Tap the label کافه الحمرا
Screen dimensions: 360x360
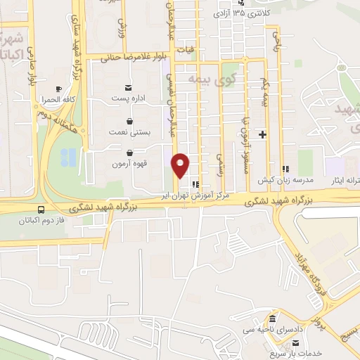(x=58, y=99)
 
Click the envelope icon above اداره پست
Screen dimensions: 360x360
(x=128, y=87)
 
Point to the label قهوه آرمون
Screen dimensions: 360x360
(x=129, y=164)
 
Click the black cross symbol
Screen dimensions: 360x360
(x=263, y=134)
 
